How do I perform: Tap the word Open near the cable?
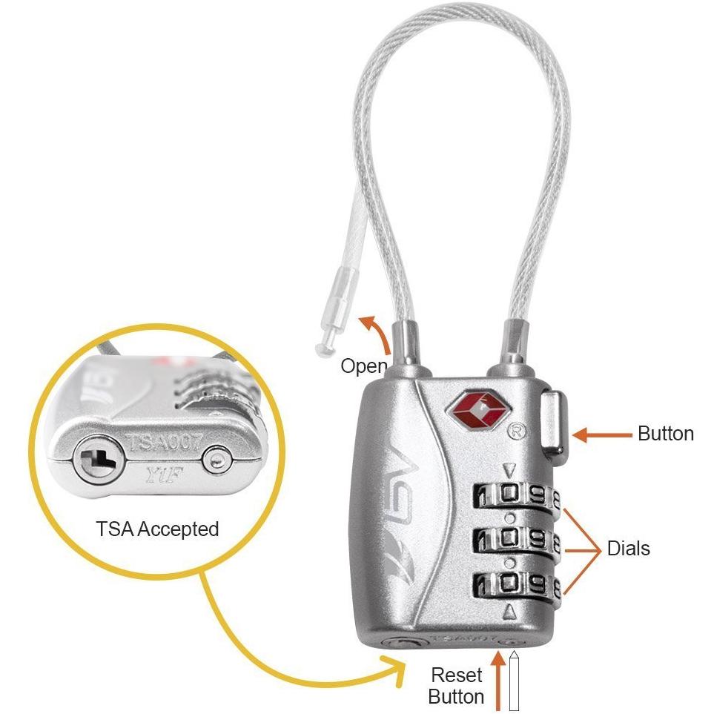pyautogui.click(x=364, y=366)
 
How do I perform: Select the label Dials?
pyautogui.click(x=628, y=549)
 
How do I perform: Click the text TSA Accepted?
pyautogui.click(x=157, y=529)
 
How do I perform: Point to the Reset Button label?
pyautogui.click(x=457, y=686)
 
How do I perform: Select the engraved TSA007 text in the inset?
pyautogui.click(x=166, y=443)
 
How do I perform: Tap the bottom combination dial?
pyautogui.click(x=517, y=584)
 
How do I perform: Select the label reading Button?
pyautogui.click(x=666, y=434)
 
